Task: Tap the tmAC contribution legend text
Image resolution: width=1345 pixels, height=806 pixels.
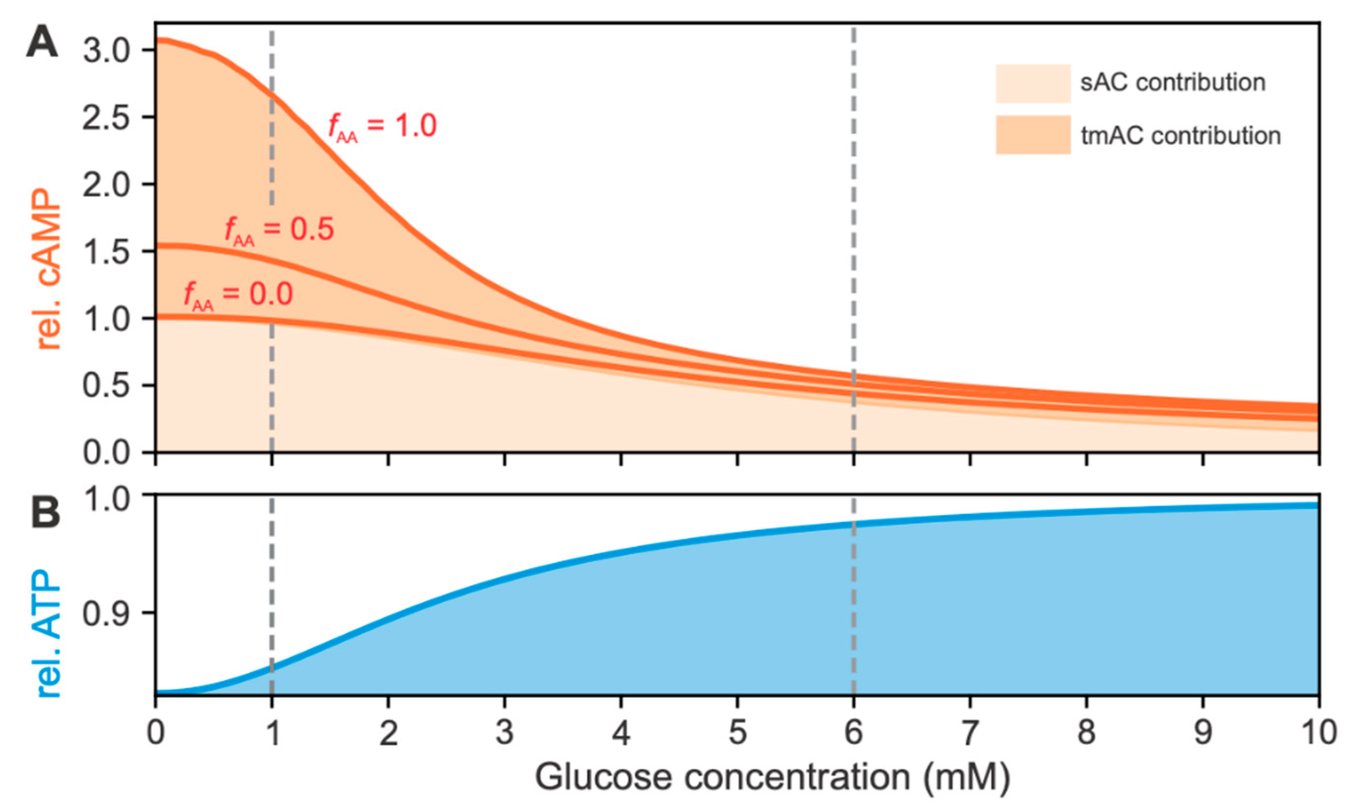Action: click(x=1180, y=135)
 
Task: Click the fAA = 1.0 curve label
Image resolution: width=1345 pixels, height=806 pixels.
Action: click(x=382, y=127)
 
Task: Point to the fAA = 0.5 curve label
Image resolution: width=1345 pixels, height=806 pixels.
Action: click(x=279, y=230)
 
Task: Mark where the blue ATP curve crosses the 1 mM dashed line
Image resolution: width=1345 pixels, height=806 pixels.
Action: click(x=272, y=668)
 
